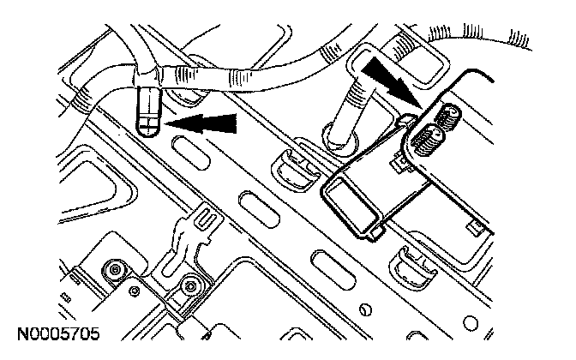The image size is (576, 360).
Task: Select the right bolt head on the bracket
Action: (x=190, y=285)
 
